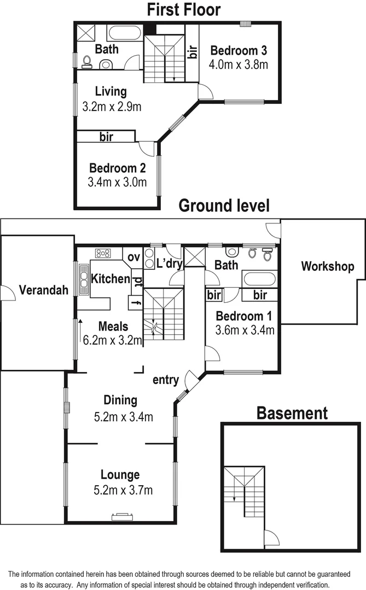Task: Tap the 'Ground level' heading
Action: (224, 206)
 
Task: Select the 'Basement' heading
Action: (292, 413)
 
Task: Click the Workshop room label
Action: (327, 267)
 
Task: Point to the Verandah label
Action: (44, 290)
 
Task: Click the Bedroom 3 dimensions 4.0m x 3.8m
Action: (239, 64)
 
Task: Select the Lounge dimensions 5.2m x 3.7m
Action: (123, 490)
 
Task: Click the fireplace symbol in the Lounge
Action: (121, 515)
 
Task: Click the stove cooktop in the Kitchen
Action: (103, 253)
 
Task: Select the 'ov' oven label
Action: (134, 257)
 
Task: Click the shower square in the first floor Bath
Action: (86, 32)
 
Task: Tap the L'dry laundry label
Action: (169, 263)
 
